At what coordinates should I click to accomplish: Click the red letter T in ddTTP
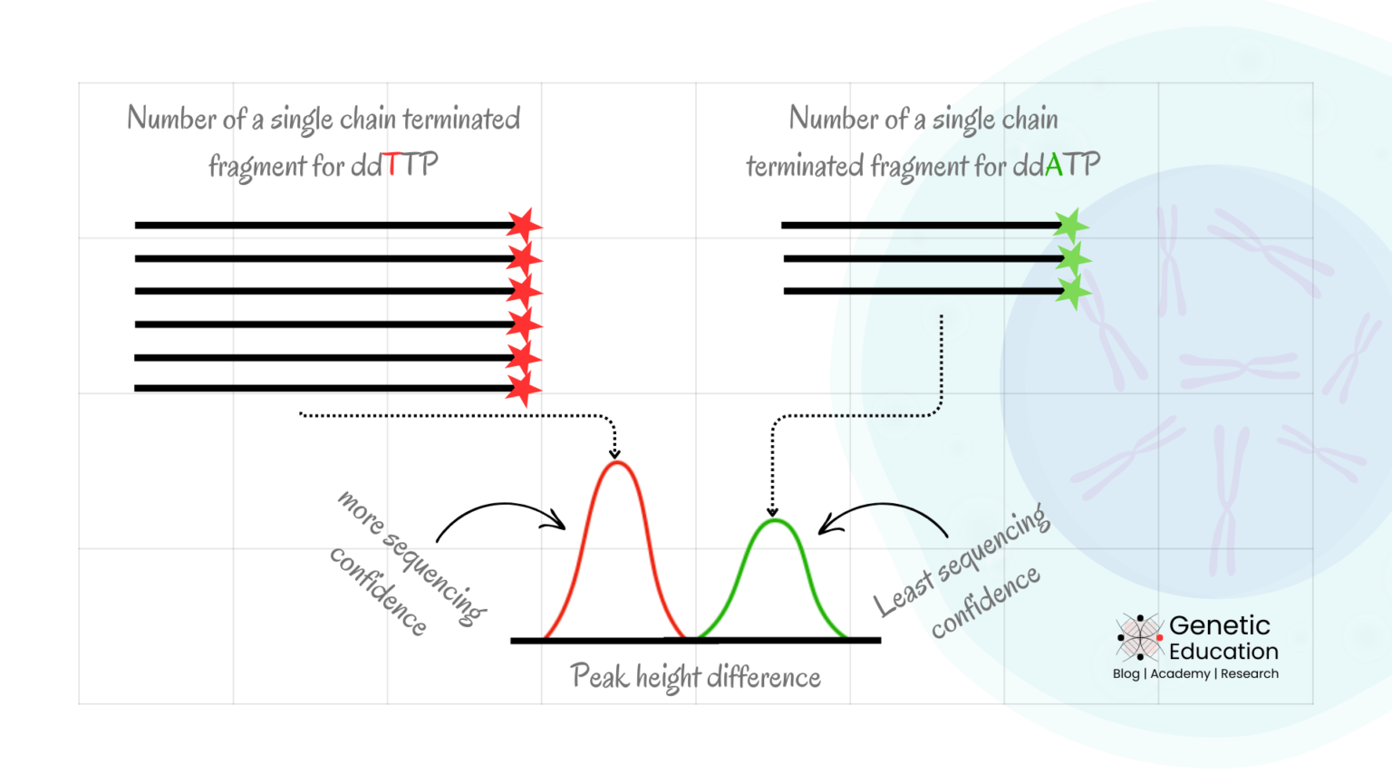coord(391,164)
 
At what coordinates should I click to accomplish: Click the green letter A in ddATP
coord(1053,164)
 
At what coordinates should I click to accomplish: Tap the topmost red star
coord(524,225)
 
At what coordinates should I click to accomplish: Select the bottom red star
coord(523,389)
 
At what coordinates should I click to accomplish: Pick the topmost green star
coord(1071,225)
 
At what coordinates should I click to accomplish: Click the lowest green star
coord(1073,292)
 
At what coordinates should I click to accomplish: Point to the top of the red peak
coord(616,464)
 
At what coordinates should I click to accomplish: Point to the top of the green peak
coord(774,520)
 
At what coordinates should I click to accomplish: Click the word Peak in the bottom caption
coord(599,676)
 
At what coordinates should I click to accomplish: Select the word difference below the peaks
coord(763,677)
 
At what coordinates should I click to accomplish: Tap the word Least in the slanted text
coord(903,594)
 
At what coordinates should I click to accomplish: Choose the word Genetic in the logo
coord(1219,625)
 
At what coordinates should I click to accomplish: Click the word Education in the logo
coord(1223,652)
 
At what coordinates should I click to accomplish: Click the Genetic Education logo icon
coord(1139,637)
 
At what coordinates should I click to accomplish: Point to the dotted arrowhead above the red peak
coord(614,452)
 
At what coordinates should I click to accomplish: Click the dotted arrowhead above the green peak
coord(772,511)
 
